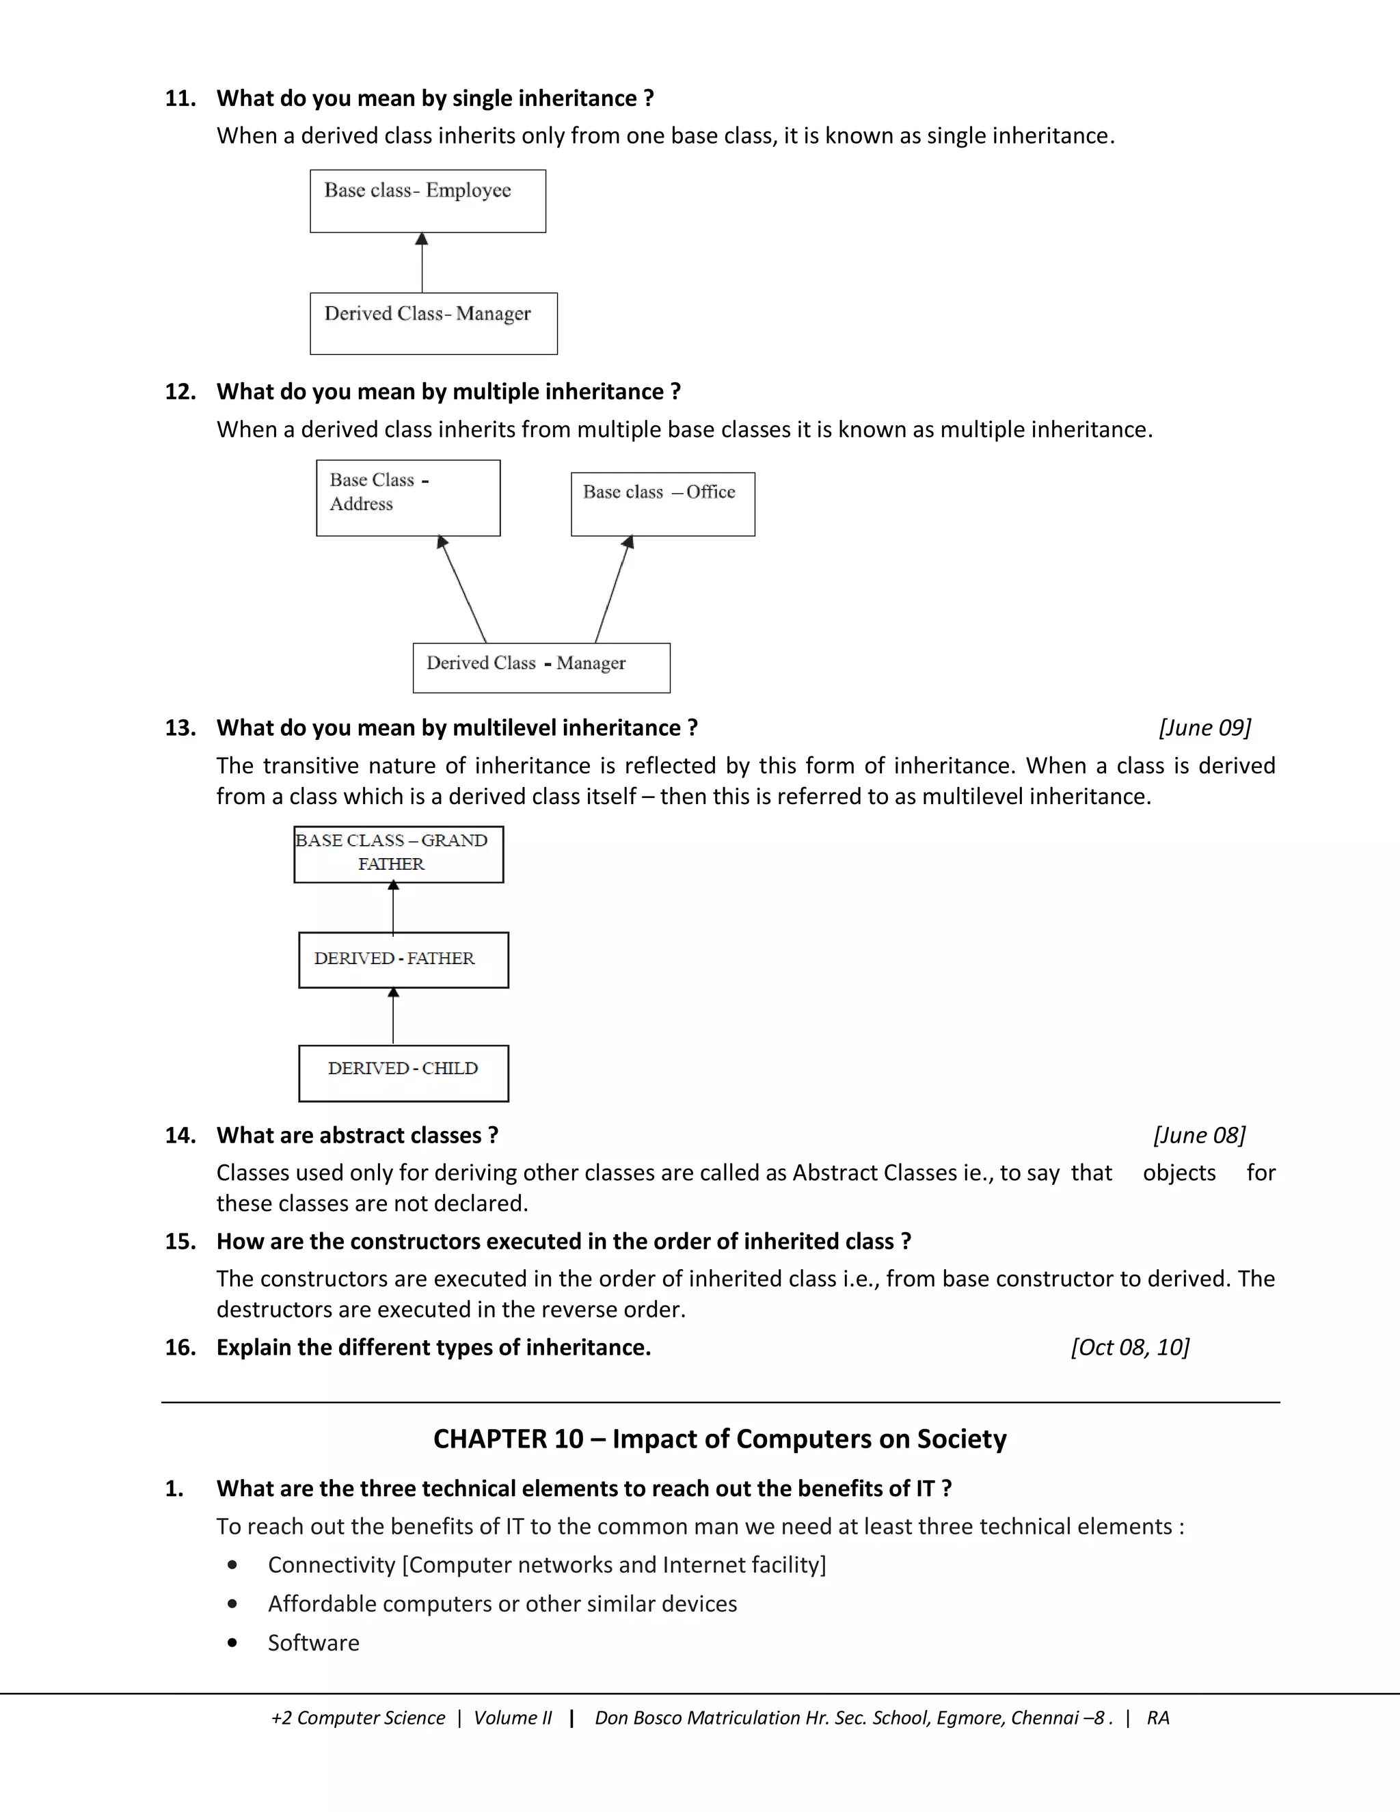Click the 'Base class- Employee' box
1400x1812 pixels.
(x=427, y=202)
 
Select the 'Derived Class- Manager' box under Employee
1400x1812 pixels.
(x=433, y=323)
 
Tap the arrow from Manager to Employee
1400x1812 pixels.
(x=422, y=263)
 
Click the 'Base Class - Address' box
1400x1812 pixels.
(x=408, y=498)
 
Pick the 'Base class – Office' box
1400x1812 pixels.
(x=662, y=505)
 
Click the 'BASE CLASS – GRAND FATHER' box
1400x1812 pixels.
(x=398, y=854)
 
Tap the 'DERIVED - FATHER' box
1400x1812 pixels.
(x=403, y=960)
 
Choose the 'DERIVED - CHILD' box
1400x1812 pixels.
(x=403, y=1073)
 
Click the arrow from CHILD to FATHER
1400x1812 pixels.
(x=393, y=1016)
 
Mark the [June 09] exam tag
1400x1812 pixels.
(x=1204, y=728)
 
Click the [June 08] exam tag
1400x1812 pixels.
(x=1199, y=1135)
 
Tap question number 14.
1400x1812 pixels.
(x=180, y=1135)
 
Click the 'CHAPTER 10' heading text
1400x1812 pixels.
(x=720, y=1439)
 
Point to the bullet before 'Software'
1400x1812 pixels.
(x=232, y=1642)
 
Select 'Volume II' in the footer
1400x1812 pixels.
(x=512, y=1718)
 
